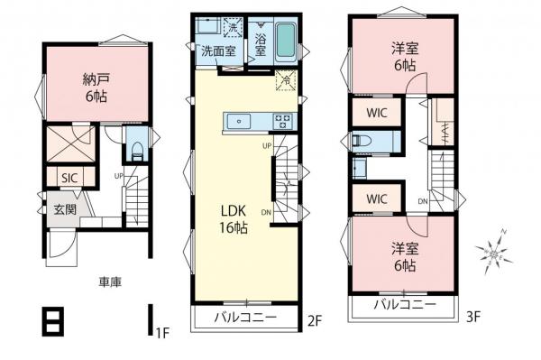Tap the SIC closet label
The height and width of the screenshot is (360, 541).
69,178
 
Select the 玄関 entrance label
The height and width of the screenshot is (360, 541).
64,209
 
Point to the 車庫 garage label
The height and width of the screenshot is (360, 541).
110,282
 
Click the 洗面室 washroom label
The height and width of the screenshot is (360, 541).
217,51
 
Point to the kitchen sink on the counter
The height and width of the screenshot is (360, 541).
241,120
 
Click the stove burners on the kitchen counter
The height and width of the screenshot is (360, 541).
281,120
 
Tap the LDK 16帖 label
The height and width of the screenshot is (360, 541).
234,218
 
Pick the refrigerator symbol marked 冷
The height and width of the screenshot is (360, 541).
286,78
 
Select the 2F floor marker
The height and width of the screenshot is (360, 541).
314,319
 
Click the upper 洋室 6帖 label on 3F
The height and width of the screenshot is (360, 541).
403,55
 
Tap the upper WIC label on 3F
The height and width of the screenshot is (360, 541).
377,114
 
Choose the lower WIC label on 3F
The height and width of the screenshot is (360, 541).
377,198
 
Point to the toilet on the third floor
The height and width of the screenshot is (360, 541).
362,141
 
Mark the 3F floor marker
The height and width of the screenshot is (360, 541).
473,318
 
